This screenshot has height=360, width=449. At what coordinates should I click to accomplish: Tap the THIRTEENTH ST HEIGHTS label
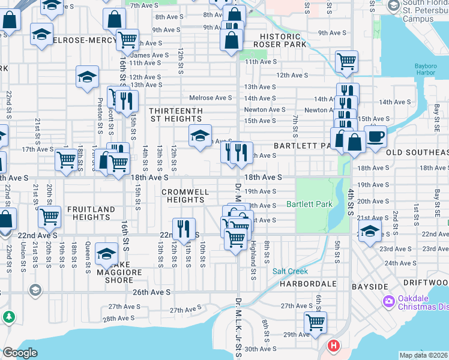click(176, 115)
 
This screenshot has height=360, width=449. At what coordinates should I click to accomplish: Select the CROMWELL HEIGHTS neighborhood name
click(185, 196)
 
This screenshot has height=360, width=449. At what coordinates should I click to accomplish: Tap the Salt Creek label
click(290, 271)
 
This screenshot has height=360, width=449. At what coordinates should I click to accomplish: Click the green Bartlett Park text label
click(309, 205)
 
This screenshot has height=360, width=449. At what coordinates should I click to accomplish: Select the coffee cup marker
click(376, 136)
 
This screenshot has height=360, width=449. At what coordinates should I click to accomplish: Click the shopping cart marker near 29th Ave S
click(315, 322)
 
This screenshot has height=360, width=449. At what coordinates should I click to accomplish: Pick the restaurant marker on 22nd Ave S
click(184, 228)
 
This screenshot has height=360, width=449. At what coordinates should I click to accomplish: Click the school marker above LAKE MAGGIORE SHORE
click(106, 253)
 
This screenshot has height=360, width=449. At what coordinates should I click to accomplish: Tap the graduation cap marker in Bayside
click(370, 231)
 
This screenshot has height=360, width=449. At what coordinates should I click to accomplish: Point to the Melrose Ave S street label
click(210, 98)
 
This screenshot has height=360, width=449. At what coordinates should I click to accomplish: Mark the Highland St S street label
click(254, 261)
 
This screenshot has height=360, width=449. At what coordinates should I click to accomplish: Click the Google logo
click(20, 353)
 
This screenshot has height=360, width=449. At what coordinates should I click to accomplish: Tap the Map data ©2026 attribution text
click(423, 355)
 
